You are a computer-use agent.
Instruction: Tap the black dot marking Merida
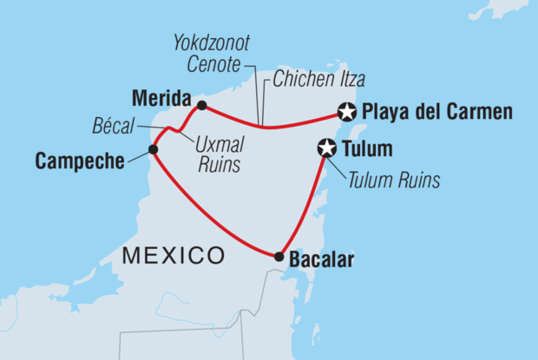pos(201,106)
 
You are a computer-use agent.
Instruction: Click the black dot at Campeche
pos(153,149)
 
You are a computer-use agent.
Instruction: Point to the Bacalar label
pos(323,259)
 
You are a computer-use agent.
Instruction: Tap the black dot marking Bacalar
pos(279,256)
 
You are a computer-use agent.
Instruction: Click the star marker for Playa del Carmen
pos(347,112)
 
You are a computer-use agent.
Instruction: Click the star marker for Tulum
pos(327,149)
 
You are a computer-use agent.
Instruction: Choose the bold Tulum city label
pos(368,149)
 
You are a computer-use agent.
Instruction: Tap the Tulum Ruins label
pos(394,180)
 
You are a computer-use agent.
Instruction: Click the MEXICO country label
pos(174,255)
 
